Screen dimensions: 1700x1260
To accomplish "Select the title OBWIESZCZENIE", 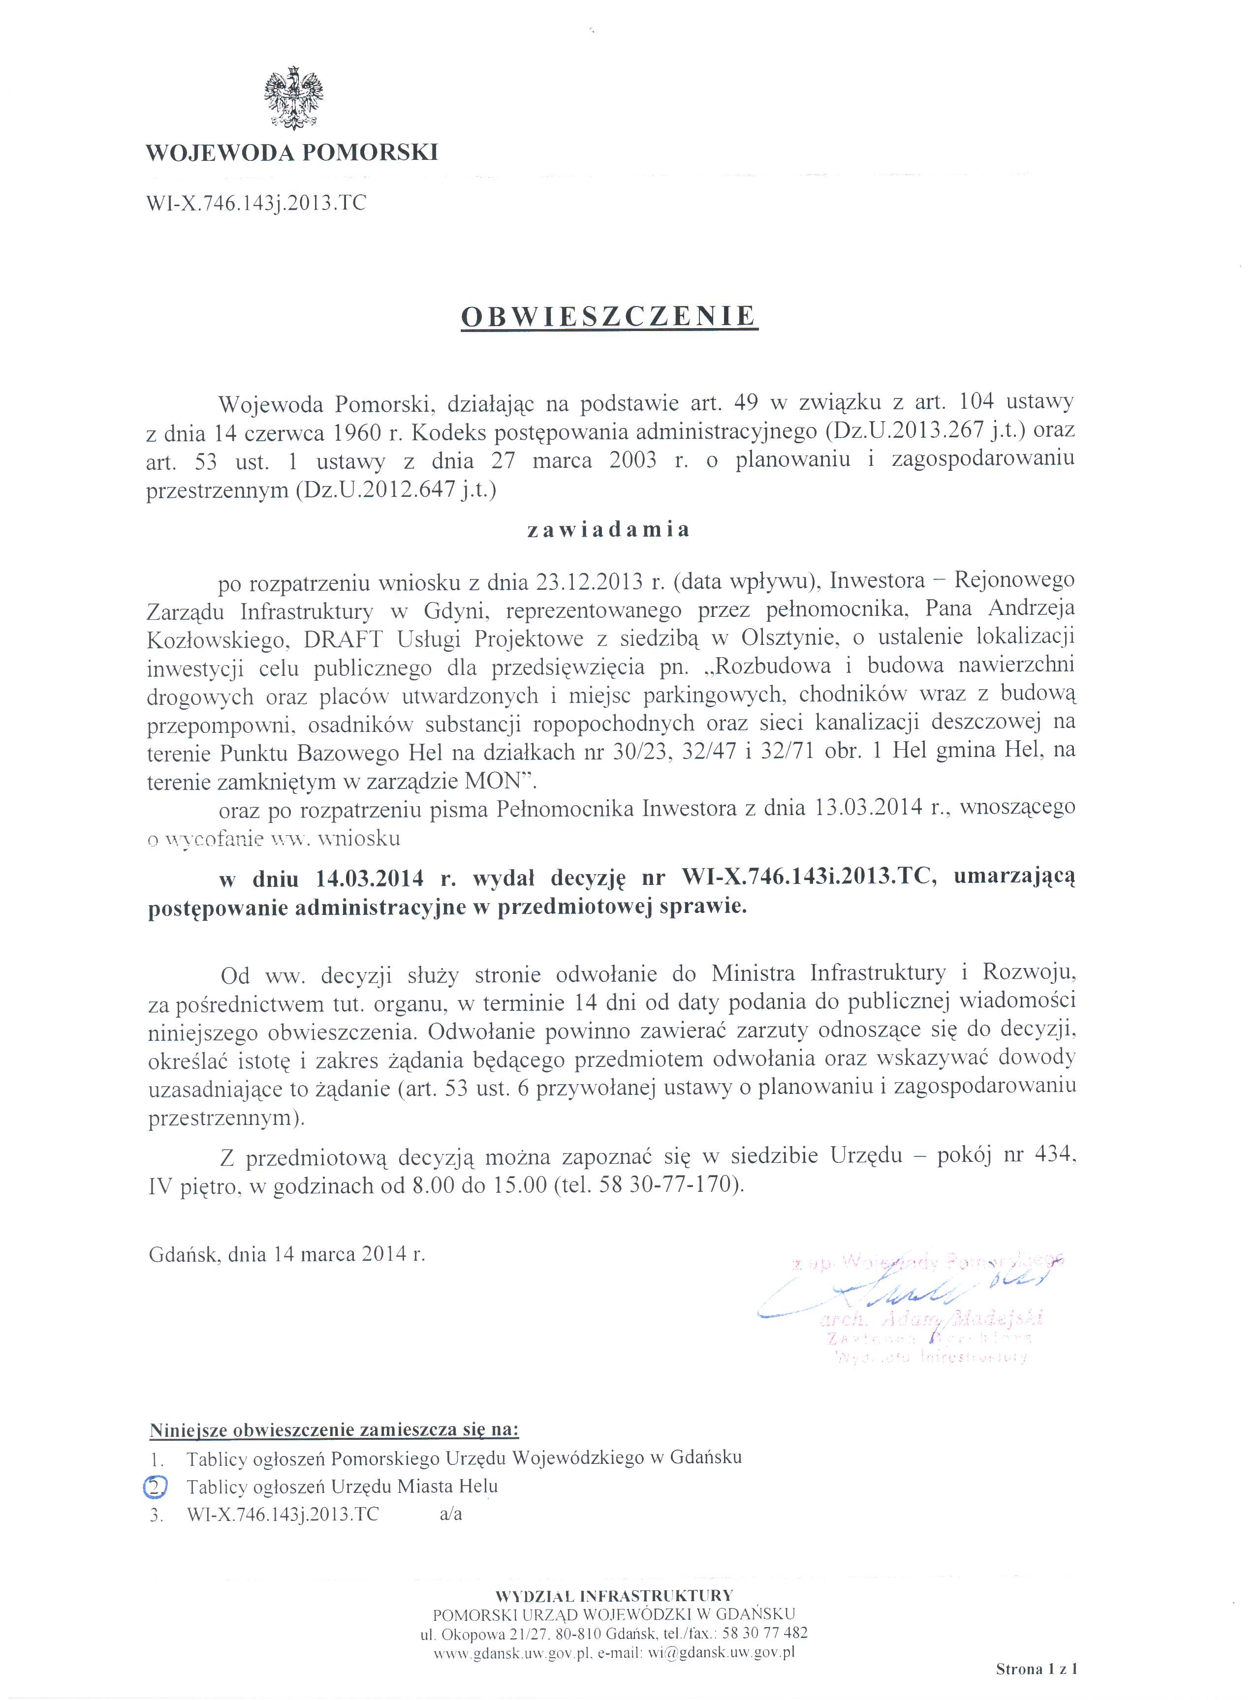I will click(x=609, y=316).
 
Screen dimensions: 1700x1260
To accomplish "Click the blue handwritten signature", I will click(x=900, y=1291).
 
